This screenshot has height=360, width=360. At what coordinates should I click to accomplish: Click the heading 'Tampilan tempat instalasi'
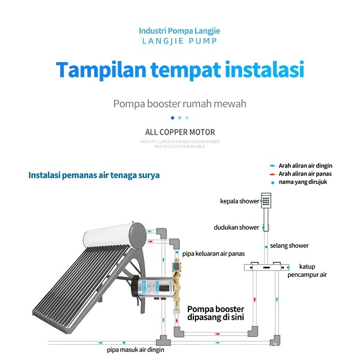180,71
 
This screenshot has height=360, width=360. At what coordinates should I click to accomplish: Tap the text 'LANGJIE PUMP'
180,41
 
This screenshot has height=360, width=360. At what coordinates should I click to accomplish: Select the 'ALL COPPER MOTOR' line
180,132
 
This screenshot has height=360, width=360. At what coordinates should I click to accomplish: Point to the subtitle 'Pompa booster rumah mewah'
180,104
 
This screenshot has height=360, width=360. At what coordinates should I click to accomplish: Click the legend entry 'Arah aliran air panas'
305,174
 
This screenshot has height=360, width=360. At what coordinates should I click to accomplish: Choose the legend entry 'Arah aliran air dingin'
305,166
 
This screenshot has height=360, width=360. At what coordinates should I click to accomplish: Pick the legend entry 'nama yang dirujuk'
302,182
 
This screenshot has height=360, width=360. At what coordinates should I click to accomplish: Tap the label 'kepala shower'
239,201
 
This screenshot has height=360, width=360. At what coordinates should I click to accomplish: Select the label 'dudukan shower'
236,228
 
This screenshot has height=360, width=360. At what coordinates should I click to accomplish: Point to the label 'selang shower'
289,246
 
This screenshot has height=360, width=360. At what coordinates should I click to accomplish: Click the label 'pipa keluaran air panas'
213,254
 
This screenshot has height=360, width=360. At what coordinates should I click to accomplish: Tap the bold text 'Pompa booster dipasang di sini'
216,313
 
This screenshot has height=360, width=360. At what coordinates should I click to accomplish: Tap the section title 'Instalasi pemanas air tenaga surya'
94,175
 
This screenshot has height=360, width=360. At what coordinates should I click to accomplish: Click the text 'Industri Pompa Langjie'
180,31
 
